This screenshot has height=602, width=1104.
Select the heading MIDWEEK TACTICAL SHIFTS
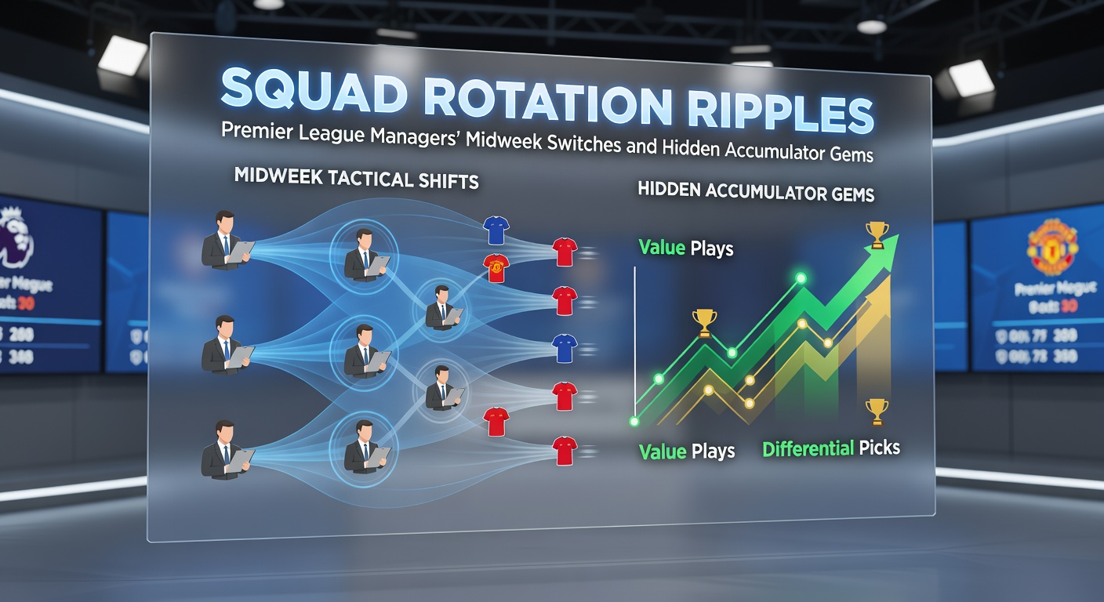tap(356, 180)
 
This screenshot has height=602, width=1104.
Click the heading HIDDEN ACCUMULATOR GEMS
tap(756, 191)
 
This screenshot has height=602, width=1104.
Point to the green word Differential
tap(808, 449)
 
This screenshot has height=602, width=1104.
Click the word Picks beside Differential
tap(879, 448)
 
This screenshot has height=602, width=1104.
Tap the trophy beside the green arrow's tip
tap(877, 233)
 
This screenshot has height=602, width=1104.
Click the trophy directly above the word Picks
tap(877, 410)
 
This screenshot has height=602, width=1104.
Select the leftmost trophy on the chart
tap(704, 321)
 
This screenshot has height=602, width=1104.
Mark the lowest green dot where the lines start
tap(634, 422)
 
